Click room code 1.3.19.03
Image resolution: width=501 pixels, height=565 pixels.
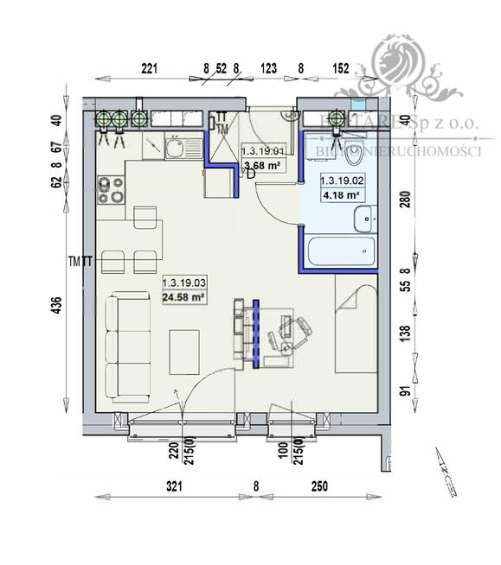(x=184, y=282)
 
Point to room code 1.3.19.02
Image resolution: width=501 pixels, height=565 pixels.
(x=344, y=181)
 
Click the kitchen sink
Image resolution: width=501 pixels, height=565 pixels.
(x=174, y=149)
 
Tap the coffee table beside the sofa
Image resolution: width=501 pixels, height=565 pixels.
(x=186, y=350)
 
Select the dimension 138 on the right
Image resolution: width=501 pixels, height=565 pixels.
(x=401, y=334)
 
